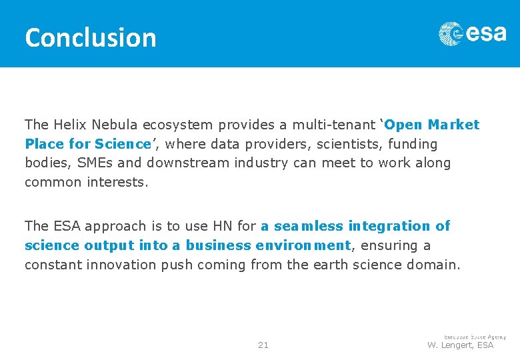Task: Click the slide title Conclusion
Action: click(x=90, y=37)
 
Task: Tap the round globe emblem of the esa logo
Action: click(x=450, y=34)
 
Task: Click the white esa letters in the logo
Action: click(x=486, y=33)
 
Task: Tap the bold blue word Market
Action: click(x=453, y=125)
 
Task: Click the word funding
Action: click(x=413, y=144)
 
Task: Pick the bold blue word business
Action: click(x=217, y=245)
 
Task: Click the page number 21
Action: click(x=263, y=345)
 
